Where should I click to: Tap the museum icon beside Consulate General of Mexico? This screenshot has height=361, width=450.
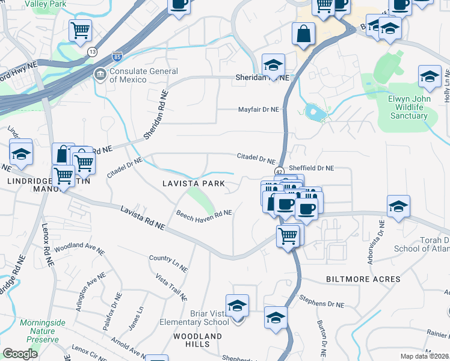(x=99, y=75)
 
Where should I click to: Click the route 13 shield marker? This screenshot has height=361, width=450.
(x=91, y=52)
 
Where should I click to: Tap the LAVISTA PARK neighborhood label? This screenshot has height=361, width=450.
(x=193, y=183)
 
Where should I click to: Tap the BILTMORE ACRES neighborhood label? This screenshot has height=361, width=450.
(x=363, y=279)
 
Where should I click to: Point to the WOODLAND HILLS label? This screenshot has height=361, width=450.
(x=198, y=340)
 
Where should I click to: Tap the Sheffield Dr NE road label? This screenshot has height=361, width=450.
(x=311, y=169)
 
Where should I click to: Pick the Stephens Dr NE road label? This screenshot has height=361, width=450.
(x=321, y=304)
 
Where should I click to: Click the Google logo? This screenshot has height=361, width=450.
(x=20, y=353)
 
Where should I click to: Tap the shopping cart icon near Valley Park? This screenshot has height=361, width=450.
(x=80, y=30)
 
